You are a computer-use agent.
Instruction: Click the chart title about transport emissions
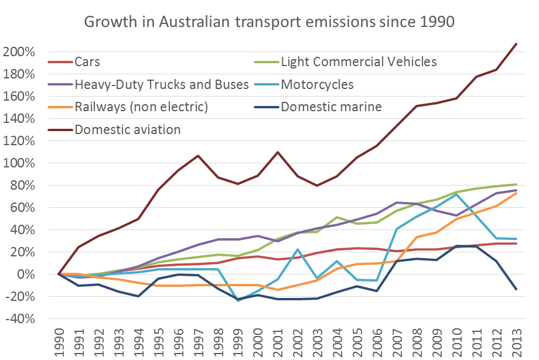[269, 22]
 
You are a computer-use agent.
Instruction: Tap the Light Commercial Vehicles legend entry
[359, 61]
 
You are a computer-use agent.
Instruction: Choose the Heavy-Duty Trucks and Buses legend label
[153, 84]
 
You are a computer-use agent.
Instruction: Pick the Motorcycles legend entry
[317, 84]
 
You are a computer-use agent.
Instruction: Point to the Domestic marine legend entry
[331, 107]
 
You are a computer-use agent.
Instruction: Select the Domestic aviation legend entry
[128, 129]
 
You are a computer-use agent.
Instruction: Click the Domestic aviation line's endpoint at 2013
[516, 44]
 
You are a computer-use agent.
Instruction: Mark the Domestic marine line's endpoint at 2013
[516, 289]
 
